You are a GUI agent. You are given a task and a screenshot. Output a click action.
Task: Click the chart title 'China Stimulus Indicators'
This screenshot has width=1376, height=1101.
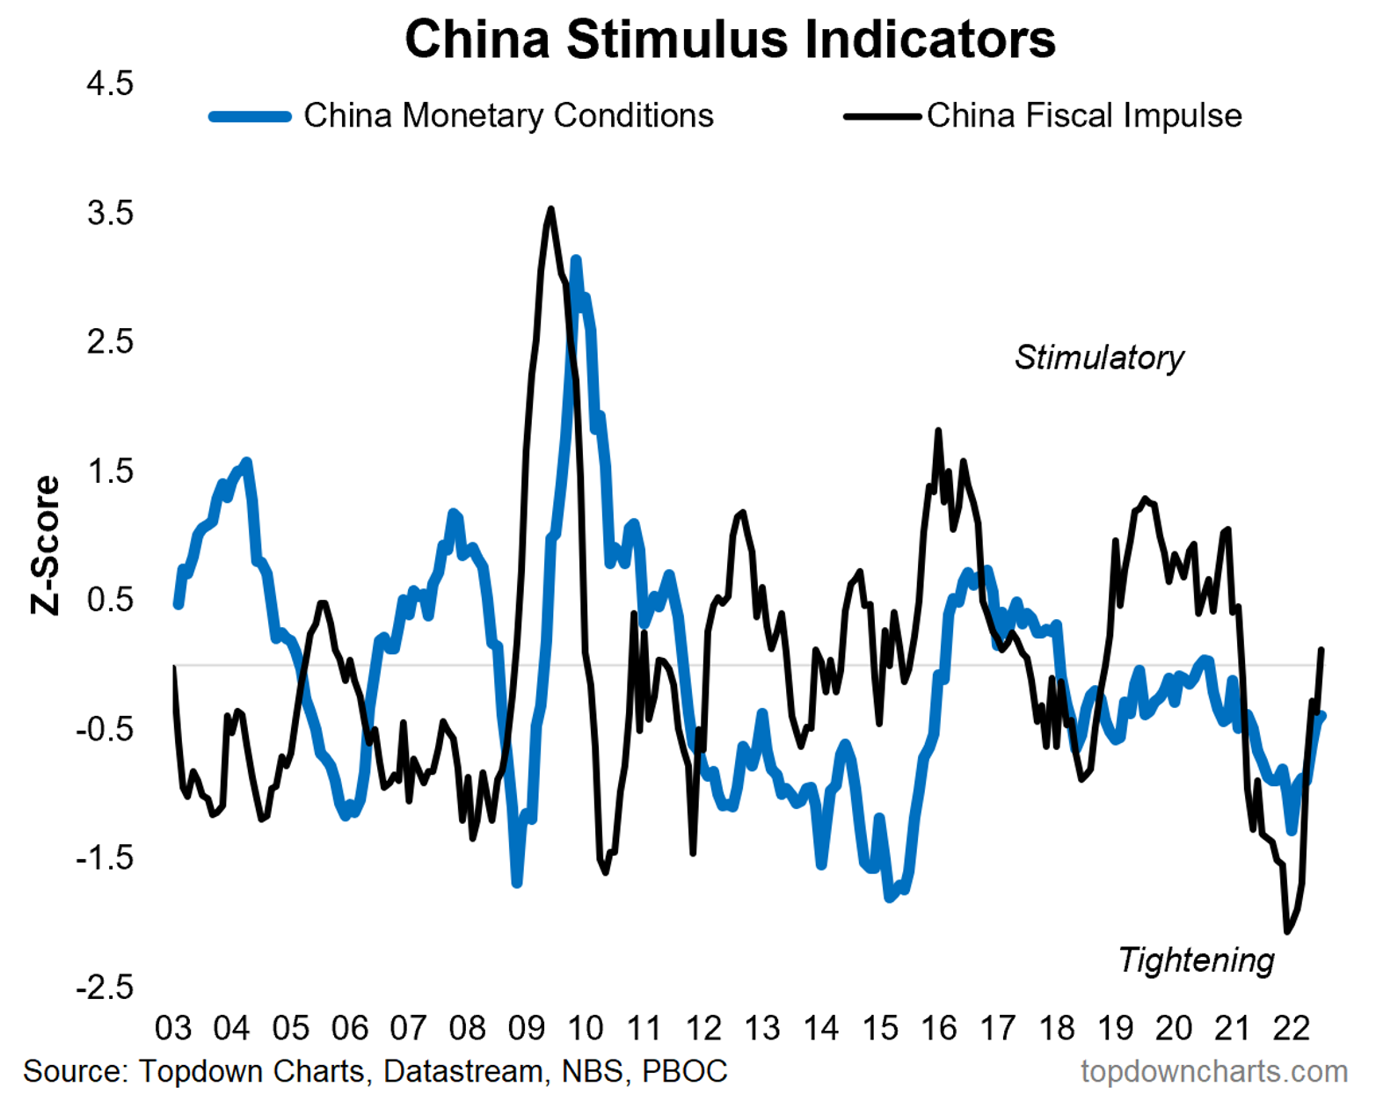(730, 40)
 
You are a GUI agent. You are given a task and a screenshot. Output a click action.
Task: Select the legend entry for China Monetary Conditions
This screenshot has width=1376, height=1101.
(508, 116)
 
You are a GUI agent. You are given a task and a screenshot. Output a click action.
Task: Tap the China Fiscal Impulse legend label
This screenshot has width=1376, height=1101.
(1083, 116)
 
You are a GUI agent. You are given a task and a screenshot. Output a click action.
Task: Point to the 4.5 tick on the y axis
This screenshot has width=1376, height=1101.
(110, 84)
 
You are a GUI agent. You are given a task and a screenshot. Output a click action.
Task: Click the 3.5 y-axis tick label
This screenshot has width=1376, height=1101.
(110, 214)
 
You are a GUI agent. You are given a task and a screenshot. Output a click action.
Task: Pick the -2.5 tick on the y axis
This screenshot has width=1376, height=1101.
(105, 988)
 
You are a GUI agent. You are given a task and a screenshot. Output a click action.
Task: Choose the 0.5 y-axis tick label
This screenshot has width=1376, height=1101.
(110, 601)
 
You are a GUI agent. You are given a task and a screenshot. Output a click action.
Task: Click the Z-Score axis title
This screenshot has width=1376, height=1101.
(46, 545)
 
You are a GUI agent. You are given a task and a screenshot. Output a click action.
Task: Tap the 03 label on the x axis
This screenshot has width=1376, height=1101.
(173, 1028)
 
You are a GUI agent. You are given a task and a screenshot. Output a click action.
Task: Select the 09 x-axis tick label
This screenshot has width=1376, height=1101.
(527, 1028)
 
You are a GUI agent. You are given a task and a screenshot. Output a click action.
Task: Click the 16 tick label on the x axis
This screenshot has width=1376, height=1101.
(939, 1028)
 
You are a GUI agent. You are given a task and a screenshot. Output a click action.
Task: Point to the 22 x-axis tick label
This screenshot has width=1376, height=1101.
(1292, 1028)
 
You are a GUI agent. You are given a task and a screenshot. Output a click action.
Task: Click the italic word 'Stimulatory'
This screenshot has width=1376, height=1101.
(1099, 358)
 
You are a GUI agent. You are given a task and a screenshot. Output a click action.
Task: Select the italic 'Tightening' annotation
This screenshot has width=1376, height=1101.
(1196, 960)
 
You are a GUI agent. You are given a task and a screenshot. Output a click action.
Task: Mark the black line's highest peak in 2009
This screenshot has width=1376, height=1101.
(551, 209)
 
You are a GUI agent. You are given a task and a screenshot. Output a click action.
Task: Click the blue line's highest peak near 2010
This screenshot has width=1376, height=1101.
(576, 260)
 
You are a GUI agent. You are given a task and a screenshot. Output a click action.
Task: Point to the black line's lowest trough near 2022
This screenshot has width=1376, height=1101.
(1287, 930)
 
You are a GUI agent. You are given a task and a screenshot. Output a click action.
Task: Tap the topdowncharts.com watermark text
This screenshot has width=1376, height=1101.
(1214, 1072)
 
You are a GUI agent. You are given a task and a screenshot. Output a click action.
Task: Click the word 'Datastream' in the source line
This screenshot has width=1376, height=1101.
(463, 1072)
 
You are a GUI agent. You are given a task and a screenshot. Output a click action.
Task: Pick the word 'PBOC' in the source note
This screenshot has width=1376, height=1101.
(685, 1072)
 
